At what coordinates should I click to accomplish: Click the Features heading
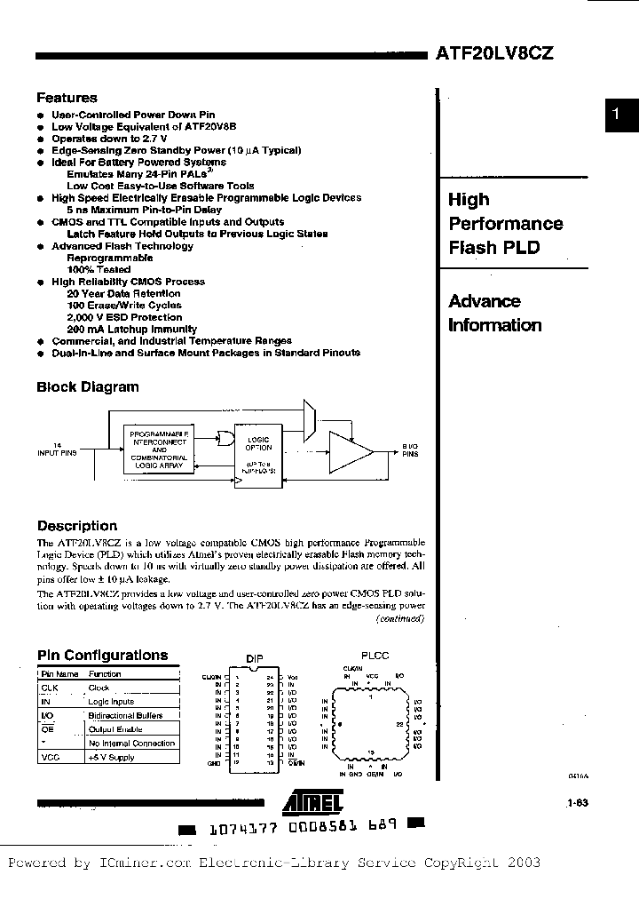67,98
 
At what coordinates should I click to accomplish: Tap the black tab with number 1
621,115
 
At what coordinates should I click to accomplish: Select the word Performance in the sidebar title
505,224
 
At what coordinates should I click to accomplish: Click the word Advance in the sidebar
484,301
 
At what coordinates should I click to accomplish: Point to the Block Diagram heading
87,386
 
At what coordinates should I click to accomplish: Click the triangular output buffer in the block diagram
350,452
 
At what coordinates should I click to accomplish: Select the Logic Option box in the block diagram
259,453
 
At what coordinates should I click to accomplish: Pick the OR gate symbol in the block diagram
225,438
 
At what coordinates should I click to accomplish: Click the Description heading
76,526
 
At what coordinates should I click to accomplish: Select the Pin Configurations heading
102,656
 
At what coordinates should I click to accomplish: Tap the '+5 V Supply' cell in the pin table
111,758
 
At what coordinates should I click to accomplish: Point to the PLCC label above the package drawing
375,656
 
